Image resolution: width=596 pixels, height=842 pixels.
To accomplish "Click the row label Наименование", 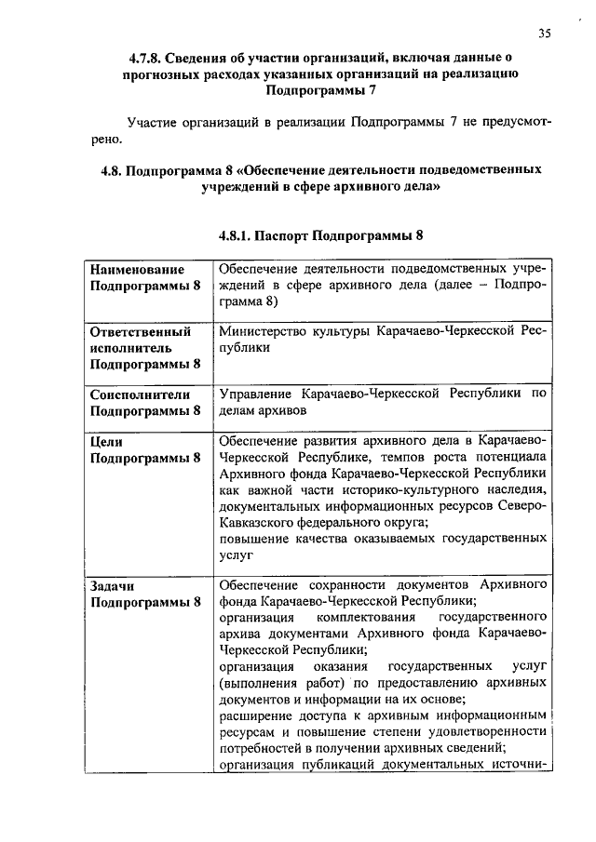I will coord(137,268).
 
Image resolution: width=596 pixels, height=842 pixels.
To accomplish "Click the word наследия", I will coord(517,489).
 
